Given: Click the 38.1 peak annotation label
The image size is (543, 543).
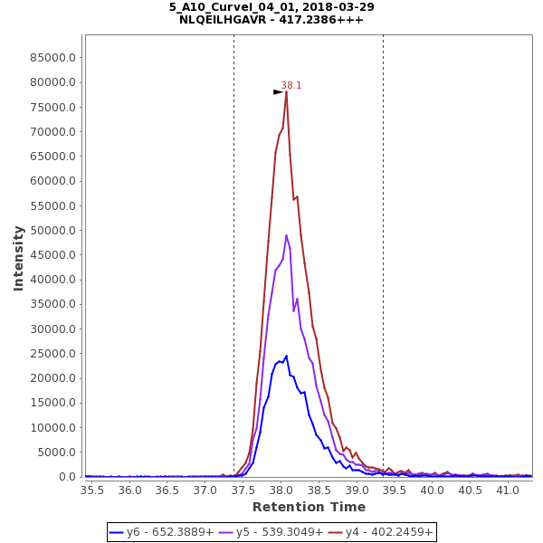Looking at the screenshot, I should (x=291, y=85).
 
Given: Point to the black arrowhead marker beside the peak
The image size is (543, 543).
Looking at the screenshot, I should (x=278, y=92).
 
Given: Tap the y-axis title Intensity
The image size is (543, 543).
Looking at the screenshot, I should (x=18, y=258).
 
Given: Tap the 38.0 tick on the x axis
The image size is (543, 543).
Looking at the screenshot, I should (x=281, y=489).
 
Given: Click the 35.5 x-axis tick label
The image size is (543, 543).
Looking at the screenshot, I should (x=92, y=489).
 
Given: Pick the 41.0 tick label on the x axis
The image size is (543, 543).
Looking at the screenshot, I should (x=509, y=489).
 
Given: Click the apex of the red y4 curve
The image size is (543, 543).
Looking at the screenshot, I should (x=286, y=91).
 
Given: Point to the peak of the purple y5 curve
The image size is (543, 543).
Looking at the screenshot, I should (x=286, y=235).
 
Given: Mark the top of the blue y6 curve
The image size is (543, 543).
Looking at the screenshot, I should (x=286, y=356).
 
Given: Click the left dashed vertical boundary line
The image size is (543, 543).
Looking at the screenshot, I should (x=233, y=271).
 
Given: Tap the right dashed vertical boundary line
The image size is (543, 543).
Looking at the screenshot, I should (x=383, y=271).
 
